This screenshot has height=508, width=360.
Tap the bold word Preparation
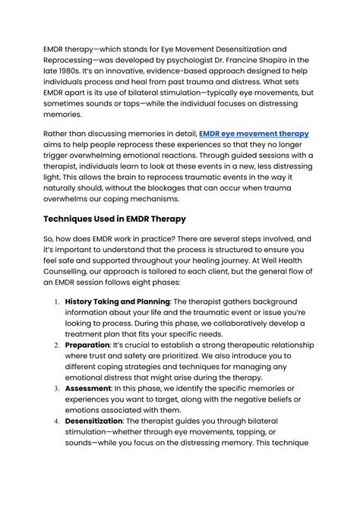coord(87,344)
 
